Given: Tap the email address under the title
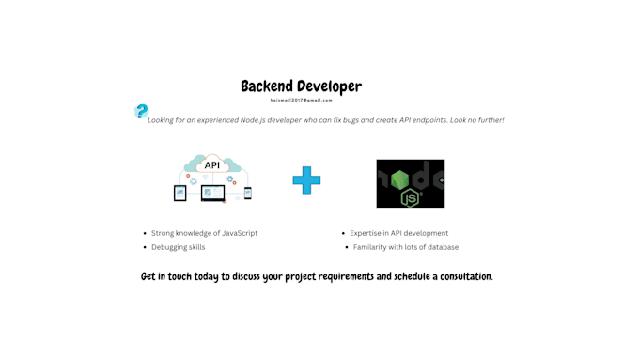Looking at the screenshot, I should point(301,100).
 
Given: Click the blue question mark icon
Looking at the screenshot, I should point(141,112).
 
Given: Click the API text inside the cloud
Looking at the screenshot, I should point(212,165).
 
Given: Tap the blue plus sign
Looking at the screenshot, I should point(306,180).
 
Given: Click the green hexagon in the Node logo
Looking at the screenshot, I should point(400,179).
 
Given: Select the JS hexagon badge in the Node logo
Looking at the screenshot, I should point(410,197).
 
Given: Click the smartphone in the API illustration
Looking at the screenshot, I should point(248,194).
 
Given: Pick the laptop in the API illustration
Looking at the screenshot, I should point(212,194).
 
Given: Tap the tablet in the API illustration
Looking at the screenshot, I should point(180,194).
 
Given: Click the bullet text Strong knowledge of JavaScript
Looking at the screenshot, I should point(204,233).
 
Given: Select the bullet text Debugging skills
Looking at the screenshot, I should point(178,247).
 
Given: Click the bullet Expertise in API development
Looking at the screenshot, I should point(398,233).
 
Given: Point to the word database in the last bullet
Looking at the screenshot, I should point(439,247).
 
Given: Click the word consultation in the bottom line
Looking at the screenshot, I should point(461,276).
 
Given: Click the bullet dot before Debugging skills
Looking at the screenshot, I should point(145,247).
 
